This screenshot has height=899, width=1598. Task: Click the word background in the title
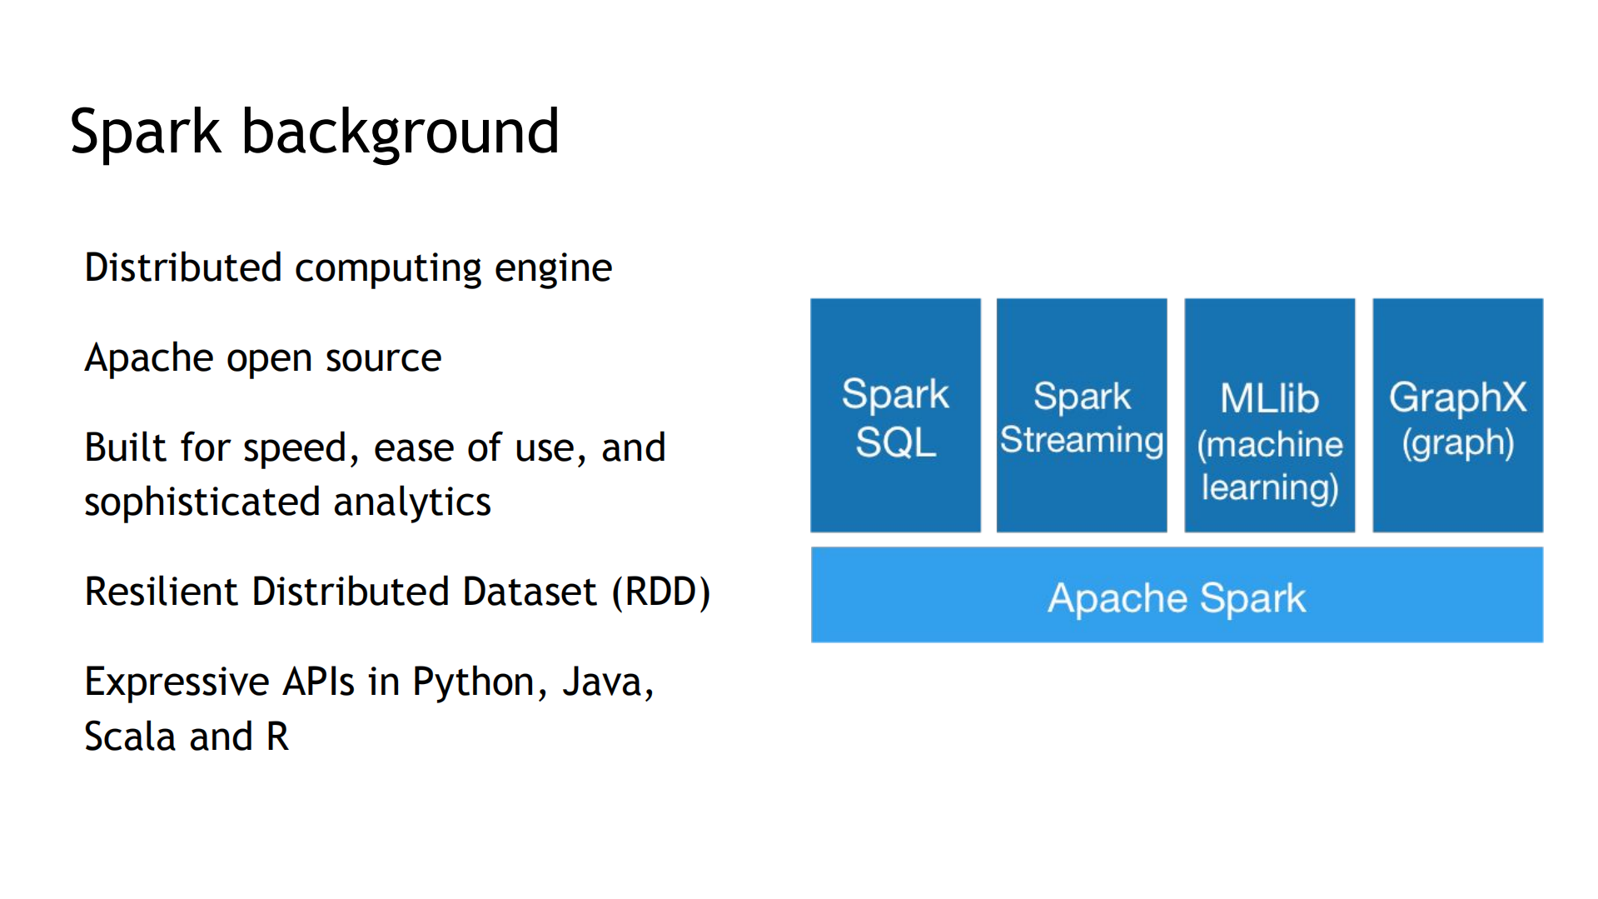(x=400, y=133)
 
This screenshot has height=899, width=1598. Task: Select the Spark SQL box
(x=895, y=416)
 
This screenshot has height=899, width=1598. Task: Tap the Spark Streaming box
(x=1082, y=416)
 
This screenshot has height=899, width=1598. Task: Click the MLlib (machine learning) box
(x=1269, y=416)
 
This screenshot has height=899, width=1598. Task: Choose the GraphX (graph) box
(x=1457, y=416)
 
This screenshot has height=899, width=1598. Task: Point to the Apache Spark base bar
(x=1177, y=595)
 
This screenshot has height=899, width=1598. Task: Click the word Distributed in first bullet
(x=183, y=268)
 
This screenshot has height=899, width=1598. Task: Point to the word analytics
(x=411, y=502)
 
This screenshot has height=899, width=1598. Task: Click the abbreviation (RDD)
(x=661, y=592)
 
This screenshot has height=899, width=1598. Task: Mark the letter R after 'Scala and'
(x=277, y=737)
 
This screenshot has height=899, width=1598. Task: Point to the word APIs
(x=319, y=682)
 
